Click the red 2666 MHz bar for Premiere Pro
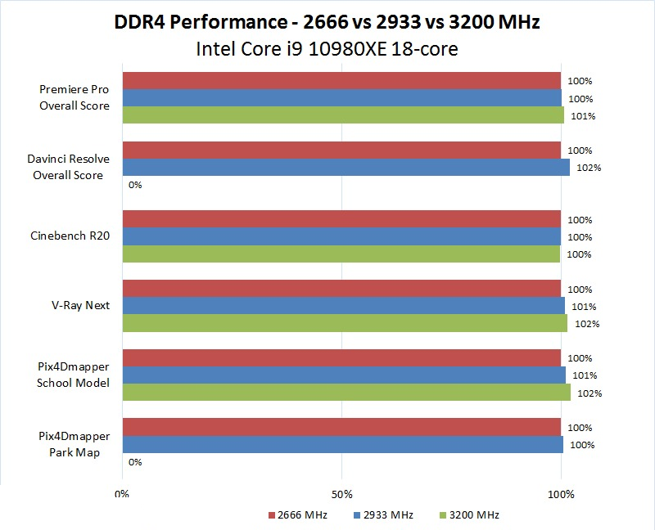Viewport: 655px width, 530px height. pyautogui.click(x=341, y=81)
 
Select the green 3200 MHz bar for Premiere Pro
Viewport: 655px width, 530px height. pyautogui.click(x=343, y=115)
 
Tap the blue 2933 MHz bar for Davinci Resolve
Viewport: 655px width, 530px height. pyautogui.click(x=346, y=168)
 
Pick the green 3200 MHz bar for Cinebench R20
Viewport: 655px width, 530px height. pyautogui.click(x=341, y=254)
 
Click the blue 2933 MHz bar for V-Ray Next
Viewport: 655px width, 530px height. pyautogui.click(x=343, y=306)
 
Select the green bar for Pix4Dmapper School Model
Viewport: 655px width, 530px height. pyautogui.click(x=346, y=393)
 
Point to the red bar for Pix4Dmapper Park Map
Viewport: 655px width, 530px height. pyautogui.click(x=341, y=427)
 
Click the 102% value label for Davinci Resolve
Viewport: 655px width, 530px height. pyautogui.click(x=589, y=168)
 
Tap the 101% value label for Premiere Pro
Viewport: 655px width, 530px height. pyautogui.click(x=584, y=116)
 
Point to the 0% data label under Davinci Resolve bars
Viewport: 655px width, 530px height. pyautogui.click(x=135, y=185)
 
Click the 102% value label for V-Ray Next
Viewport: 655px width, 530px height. pyautogui.click(x=587, y=324)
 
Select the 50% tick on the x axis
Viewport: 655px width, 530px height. pyautogui.click(x=341, y=494)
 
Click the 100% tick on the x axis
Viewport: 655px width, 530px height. pyautogui.click(x=561, y=494)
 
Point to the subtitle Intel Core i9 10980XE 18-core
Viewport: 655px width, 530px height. pyautogui.click(x=327, y=48)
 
